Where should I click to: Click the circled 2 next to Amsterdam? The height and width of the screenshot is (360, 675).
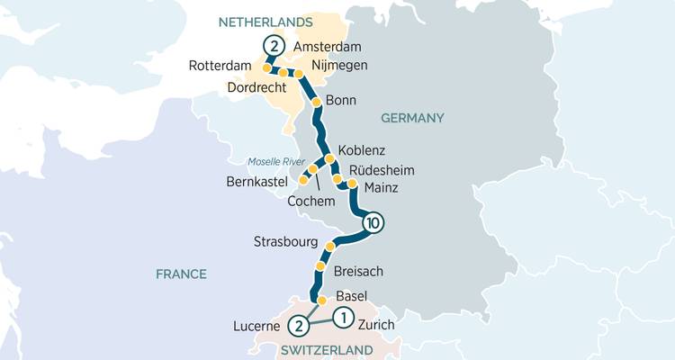coord(274,47)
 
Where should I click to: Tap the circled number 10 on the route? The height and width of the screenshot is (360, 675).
coord(373,222)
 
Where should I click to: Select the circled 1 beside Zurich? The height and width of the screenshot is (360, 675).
coord(342,317)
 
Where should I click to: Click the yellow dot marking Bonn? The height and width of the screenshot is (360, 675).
coord(317,103)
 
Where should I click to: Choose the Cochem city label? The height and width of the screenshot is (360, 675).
coord(310,201)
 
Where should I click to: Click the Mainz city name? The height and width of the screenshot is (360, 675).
coord(381,187)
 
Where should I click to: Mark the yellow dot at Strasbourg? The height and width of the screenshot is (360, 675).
coord(330,246)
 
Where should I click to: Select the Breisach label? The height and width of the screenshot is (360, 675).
coord(359,271)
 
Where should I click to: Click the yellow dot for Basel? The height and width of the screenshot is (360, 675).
coord(321,301)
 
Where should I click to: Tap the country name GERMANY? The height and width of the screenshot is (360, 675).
coord(412,118)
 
